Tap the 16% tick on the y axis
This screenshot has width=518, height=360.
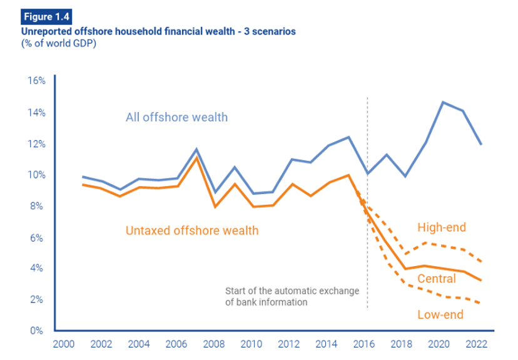36,81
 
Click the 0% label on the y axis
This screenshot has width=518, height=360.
39,331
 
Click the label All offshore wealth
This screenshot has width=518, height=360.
176,117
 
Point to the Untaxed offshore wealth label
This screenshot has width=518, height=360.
192,230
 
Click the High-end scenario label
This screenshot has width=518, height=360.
442,227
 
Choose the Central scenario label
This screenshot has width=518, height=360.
437,279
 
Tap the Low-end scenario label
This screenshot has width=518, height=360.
440,314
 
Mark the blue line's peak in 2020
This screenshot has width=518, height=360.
443,102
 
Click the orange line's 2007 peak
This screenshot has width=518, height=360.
196,157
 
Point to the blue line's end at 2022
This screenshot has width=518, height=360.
481,145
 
